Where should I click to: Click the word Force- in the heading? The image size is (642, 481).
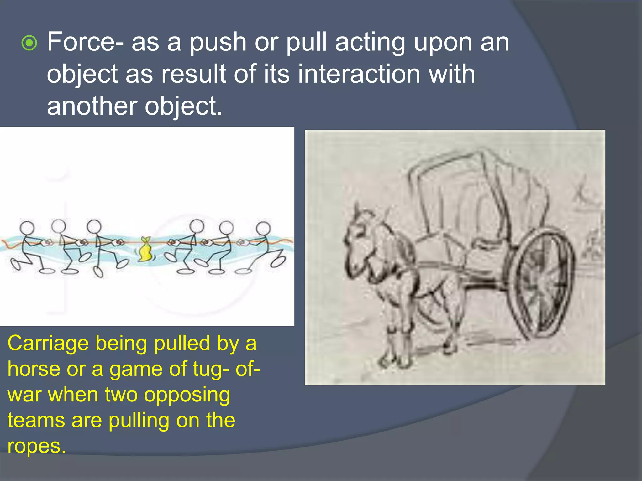[85, 42]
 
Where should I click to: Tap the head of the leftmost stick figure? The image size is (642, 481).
[27, 227]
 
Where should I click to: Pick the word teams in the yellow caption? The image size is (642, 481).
[36, 420]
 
